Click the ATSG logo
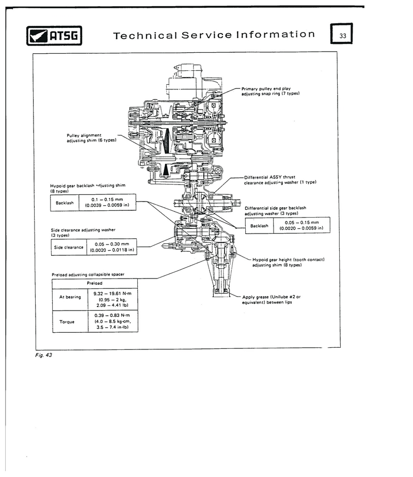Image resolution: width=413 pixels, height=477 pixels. tap(54, 36)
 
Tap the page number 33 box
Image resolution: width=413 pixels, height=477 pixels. tap(342, 34)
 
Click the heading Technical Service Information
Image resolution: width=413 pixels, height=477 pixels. tap(214, 35)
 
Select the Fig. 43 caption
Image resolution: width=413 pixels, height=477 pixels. tap(43, 355)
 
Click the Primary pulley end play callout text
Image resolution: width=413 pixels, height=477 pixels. tap(271, 91)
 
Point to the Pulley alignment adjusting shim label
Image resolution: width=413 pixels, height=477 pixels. tap(91, 138)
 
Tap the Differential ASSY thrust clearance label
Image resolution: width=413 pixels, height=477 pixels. tap(280, 180)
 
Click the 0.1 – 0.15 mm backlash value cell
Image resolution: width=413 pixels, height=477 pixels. tap(107, 202)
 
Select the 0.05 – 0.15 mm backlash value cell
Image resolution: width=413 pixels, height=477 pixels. tap(301, 225)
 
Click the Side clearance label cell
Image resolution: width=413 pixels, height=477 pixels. tap(69, 248)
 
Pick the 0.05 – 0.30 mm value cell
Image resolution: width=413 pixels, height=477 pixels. tap(112, 247)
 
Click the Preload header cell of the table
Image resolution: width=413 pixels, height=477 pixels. tap(95, 283)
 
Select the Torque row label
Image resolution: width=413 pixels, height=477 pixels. tap(67, 321)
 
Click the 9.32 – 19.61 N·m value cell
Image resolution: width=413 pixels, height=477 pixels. tap(113, 299)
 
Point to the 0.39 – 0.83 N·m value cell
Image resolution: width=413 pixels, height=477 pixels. tap(113, 321)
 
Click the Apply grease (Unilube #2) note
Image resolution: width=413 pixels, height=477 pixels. tap(271, 300)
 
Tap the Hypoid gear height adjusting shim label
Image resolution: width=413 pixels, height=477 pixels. tap(289, 262)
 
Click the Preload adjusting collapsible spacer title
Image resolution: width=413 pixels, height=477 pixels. tap(88, 274)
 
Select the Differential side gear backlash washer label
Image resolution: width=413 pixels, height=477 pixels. tap(275, 210)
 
